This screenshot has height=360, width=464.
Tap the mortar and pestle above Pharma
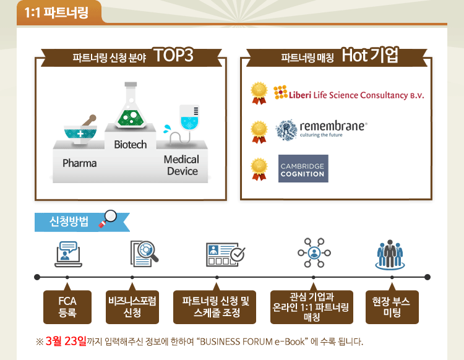tap(80, 129)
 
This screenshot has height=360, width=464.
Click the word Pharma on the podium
tap(79, 163)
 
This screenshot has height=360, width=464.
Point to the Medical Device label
tap(181, 165)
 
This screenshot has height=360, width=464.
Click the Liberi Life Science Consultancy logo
tap(348, 93)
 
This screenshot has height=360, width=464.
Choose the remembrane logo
tap(321, 129)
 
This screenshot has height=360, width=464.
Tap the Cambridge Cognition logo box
tap(303, 168)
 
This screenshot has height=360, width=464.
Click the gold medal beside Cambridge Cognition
tap(259, 169)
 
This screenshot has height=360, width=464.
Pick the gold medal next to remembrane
tap(259, 132)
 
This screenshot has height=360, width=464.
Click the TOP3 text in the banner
tap(173, 55)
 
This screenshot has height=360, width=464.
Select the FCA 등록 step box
tap(67, 307)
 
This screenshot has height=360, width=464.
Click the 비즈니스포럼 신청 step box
tap(132, 307)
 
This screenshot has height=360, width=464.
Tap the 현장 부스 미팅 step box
tap(392, 307)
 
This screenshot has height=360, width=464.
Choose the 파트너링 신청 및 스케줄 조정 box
tap(215, 307)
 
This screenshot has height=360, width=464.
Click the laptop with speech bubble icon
tap(68, 254)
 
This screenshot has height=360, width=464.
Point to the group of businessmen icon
tap(390, 254)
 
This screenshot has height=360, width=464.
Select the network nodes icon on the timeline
tap(314, 253)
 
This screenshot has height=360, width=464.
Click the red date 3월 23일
tap(66, 341)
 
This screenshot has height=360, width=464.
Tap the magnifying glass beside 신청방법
tap(108, 218)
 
